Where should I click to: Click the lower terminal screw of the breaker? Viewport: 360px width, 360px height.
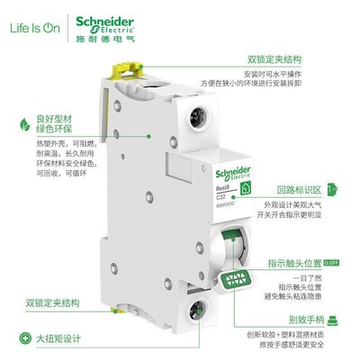click(x=197, y=317)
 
